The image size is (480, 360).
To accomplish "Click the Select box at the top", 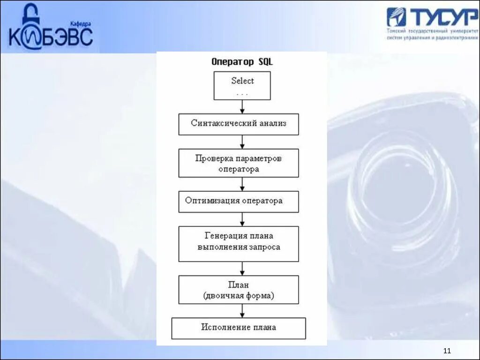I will tap(242, 85).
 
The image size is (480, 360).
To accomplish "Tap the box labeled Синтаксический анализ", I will tap(238, 124).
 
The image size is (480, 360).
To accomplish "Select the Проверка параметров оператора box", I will tap(238, 163).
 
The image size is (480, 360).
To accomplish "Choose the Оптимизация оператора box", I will tap(238, 202).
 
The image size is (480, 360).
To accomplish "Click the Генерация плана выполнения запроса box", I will tap(238, 244).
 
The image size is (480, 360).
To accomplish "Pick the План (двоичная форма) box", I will tap(238, 290).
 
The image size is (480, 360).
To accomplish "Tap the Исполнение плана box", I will tap(238, 328).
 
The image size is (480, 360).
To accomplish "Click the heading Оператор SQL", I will tap(242, 62).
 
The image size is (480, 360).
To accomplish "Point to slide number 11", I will tap(446, 351).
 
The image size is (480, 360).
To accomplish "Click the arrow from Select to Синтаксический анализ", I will tap(242, 107).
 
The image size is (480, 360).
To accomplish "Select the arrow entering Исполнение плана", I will tap(242, 311).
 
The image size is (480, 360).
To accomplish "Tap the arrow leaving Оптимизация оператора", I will tap(242, 219).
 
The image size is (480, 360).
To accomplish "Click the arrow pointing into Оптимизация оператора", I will tap(242, 184).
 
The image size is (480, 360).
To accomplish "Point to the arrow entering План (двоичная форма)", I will tap(242, 268).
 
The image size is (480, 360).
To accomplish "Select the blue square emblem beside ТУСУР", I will tap(396, 17).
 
